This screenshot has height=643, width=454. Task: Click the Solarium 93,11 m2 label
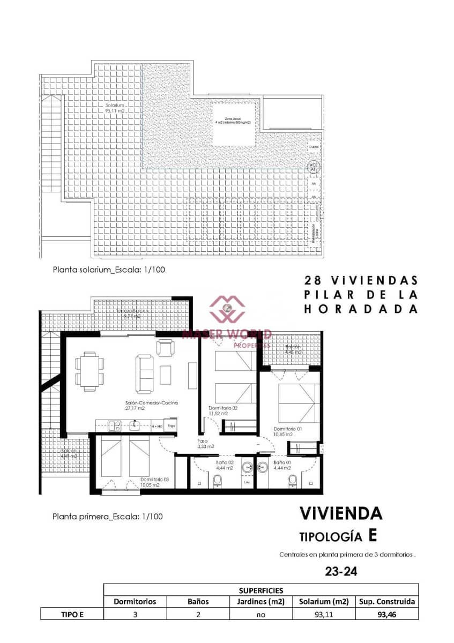(115, 108)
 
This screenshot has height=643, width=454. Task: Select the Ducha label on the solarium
(314, 146)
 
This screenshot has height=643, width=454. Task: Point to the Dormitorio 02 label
(223, 410)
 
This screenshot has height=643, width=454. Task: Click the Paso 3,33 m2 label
(206, 443)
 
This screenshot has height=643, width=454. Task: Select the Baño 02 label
(225, 465)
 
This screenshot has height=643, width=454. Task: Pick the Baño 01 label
(282, 465)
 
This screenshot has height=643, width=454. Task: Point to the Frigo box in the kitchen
(171, 426)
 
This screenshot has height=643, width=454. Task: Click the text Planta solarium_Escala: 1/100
(108, 270)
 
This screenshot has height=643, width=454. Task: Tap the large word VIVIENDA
(341, 513)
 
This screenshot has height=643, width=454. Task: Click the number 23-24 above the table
(341, 572)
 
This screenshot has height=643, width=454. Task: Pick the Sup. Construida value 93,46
(386, 615)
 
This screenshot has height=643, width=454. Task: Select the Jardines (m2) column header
(261, 601)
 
